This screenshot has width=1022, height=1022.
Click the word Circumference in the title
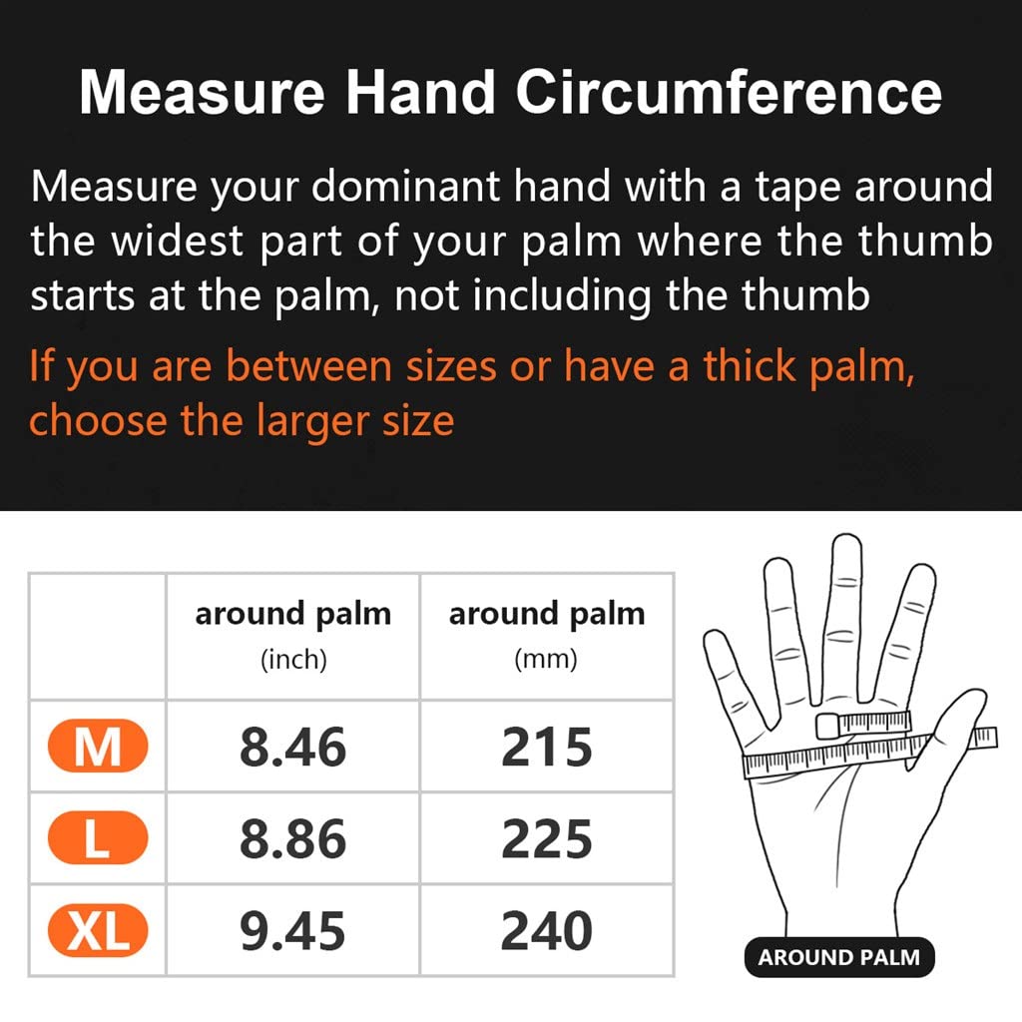[729, 93]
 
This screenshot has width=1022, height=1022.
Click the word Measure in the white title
[202, 93]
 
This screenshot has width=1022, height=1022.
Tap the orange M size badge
[98, 746]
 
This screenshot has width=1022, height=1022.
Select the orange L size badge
[98, 837]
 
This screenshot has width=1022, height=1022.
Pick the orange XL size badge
[98, 930]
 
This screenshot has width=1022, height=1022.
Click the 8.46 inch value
[292, 747]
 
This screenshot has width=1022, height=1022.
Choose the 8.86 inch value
[292, 838]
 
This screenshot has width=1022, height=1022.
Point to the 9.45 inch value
[292, 931]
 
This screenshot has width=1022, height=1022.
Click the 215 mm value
[547, 747]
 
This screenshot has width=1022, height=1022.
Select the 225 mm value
[547, 838]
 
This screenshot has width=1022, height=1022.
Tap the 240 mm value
[547, 931]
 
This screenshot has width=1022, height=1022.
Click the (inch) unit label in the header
[293, 660]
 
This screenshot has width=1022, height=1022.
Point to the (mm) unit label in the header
[546, 659]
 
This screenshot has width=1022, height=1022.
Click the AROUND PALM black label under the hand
[839, 957]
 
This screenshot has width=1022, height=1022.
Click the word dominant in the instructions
[406, 187]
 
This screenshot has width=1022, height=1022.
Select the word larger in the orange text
[312, 422]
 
